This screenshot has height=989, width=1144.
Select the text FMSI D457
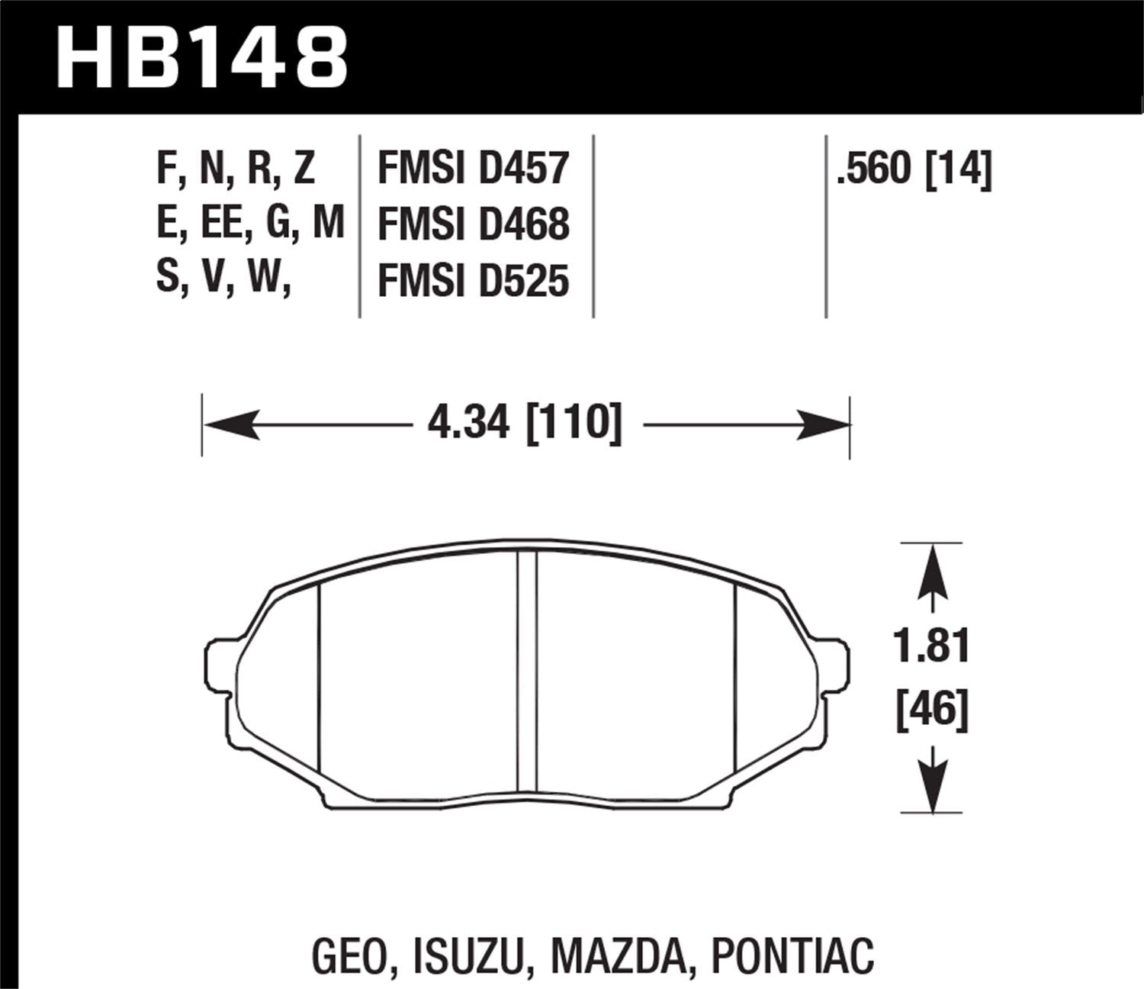(474, 169)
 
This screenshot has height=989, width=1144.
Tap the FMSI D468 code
(474, 224)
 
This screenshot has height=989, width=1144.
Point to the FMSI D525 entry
(474, 281)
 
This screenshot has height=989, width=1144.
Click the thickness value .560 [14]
(914, 169)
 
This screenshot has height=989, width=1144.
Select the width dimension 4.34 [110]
(525, 423)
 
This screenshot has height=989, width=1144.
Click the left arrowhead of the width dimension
(233, 424)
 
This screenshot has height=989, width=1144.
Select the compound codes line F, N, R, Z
(236, 169)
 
